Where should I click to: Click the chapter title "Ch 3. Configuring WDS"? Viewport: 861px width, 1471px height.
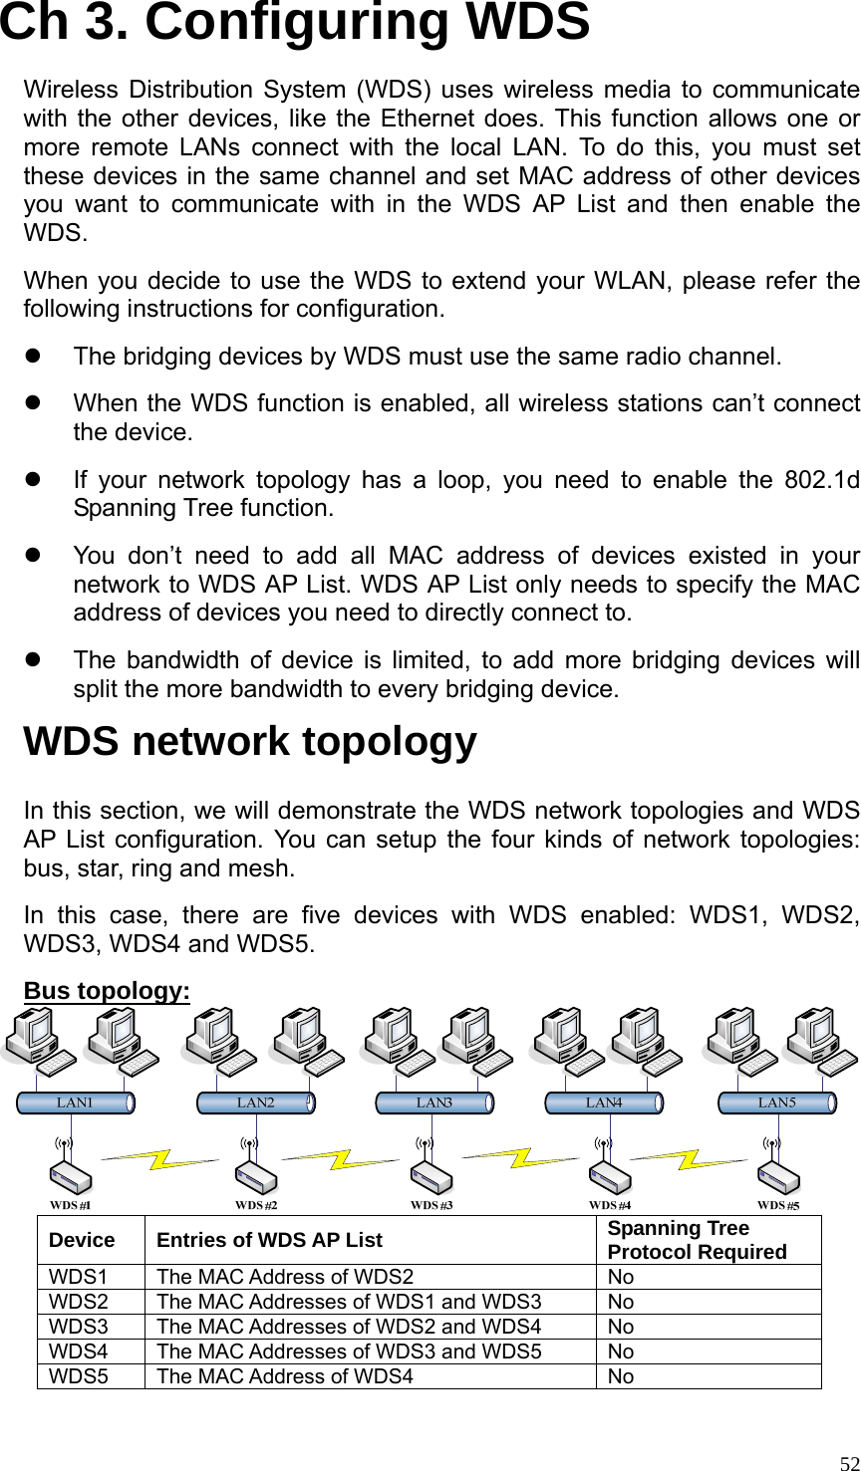(x=294, y=24)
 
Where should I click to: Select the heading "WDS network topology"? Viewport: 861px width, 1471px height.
(x=250, y=743)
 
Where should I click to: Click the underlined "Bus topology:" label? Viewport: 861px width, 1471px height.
(x=107, y=992)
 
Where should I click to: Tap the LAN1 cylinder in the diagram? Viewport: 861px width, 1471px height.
(x=76, y=1103)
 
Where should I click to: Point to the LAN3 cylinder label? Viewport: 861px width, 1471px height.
(x=433, y=1103)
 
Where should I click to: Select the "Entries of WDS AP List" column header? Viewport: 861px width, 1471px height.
(x=270, y=1240)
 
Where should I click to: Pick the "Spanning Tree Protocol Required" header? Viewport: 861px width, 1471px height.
(x=697, y=1240)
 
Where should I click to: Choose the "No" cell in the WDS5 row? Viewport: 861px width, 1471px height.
(x=620, y=1376)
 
